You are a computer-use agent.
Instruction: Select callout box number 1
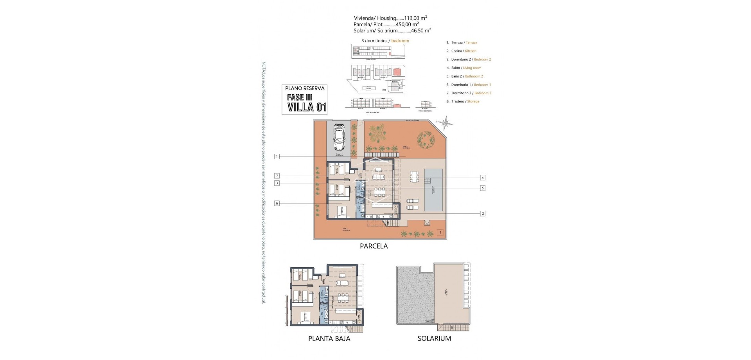coord(277,157)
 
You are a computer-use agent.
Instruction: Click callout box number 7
coord(277,176)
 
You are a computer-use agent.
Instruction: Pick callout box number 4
coord(483,178)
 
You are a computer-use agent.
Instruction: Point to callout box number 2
coord(483,214)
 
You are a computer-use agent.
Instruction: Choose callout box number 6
coord(277,203)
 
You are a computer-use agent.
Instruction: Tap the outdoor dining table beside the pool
coord(414,177)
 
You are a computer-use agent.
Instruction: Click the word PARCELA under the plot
coord(374,246)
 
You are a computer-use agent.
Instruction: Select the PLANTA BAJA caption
coord(329,339)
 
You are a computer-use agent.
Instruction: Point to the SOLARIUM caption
coord(434,339)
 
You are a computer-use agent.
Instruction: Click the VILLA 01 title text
coord(307,107)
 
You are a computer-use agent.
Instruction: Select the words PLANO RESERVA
coord(305,88)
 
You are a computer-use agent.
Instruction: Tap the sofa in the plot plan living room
coord(378,177)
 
